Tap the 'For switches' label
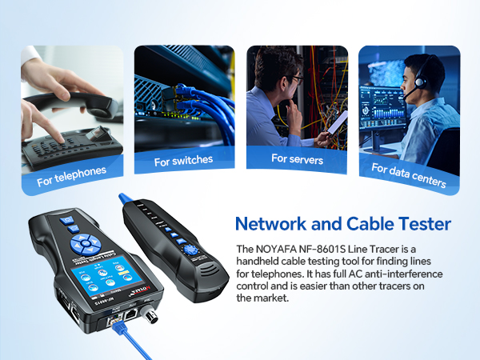[183, 160]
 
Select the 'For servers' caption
[296, 159]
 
